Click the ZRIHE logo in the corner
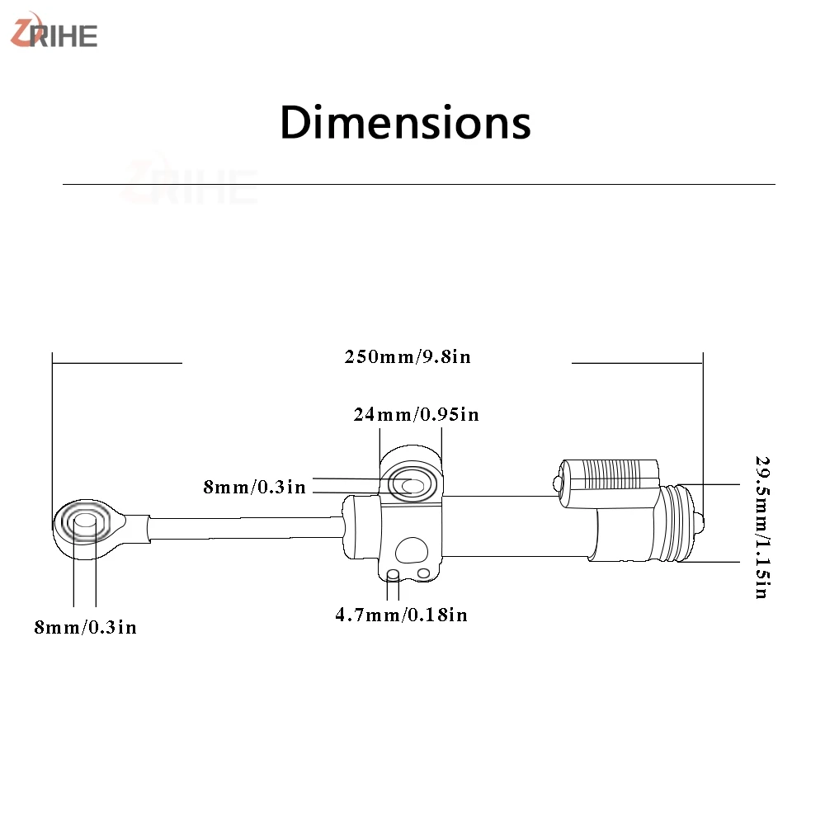(54, 31)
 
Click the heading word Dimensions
(405, 123)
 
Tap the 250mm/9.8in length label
(408, 356)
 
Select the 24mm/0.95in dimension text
(416, 415)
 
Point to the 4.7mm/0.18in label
(402, 615)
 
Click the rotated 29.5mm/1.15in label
(762, 527)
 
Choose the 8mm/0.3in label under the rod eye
(85, 627)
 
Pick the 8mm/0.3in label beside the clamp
(255, 488)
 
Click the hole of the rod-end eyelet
(84, 522)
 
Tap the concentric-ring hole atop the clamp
(412, 484)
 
